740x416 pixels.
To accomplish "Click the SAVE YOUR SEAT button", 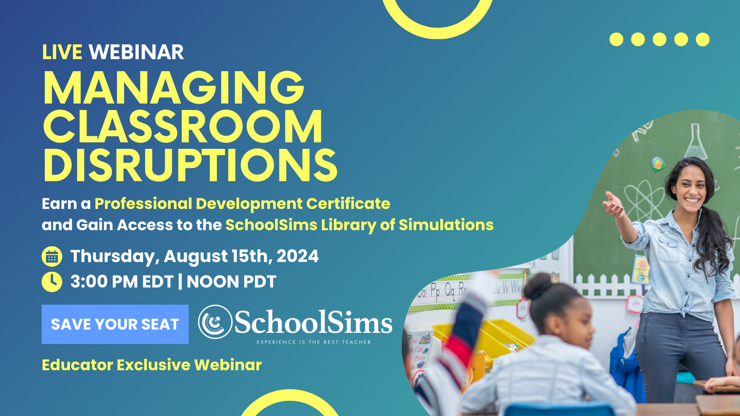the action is [115, 324].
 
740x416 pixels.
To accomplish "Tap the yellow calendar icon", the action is [52, 257].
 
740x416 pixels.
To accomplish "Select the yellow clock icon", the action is [52, 282].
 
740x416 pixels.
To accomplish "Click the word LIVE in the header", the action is [62, 52].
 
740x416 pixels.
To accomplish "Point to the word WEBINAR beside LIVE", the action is [136, 52].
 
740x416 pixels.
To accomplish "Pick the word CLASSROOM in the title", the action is [183, 127].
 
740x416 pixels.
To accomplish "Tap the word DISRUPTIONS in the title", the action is [190, 165].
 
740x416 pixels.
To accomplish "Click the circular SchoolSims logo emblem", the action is [215, 322].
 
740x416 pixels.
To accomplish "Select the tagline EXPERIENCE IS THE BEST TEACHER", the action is [314, 343].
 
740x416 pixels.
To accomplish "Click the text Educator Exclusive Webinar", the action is [152, 365].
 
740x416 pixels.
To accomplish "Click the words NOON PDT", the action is [231, 281].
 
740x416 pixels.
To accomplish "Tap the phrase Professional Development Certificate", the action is [242, 204].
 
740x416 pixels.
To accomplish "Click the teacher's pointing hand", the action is [613, 205].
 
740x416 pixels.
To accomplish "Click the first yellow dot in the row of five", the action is [617, 39].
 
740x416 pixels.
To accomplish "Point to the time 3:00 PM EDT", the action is [122, 281].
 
